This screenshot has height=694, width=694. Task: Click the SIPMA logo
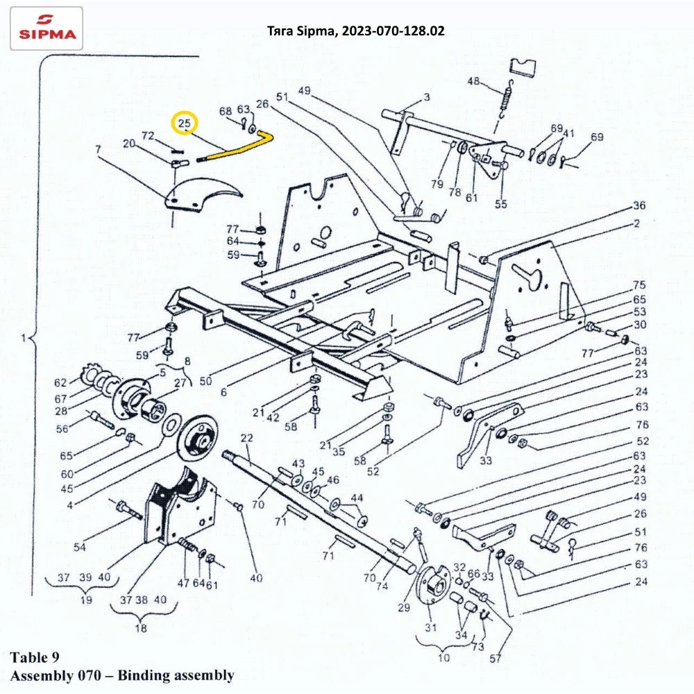(x=46, y=28)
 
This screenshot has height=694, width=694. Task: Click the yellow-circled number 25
(x=185, y=123)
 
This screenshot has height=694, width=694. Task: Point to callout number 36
(x=639, y=205)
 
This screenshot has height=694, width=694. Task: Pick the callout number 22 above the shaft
(x=247, y=438)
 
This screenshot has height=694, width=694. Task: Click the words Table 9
(x=35, y=657)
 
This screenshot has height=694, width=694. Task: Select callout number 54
(x=80, y=547)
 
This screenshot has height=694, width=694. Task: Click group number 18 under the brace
(x=141, y=628)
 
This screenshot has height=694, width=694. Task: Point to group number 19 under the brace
(x=86, y=600)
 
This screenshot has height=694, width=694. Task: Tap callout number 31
(x=431, y=627)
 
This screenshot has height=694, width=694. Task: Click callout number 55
(x=500, y=203)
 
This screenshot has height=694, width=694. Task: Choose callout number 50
(x=206, y=380)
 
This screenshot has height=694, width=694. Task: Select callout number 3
(x=426, y=96)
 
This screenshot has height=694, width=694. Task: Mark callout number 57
(x=496, y=659)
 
